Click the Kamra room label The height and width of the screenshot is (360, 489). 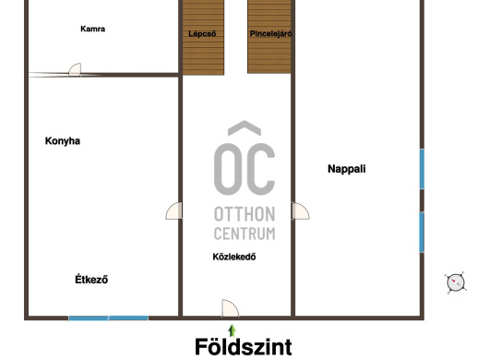[x=92, y=29]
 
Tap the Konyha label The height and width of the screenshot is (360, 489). [x=63, y=141]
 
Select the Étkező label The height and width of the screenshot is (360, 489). [x=91, y=279]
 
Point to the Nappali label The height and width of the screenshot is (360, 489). [x=347, y=169]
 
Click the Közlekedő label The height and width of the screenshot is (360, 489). [x=234, y=257]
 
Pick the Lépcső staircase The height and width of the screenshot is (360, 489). [x=203, y=38]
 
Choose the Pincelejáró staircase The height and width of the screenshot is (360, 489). [x=269, y=37]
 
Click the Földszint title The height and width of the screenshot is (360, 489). [x=244, y=346]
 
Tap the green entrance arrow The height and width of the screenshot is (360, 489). [x=232, y=330]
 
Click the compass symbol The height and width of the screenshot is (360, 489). [x=456, y=283]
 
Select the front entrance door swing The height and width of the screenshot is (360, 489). [x=230, y=308]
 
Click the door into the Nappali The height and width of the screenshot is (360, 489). [x=301, y=211]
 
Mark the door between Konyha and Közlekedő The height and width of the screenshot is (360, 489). [x=173, y=210]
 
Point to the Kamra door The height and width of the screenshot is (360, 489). [x=75, y=69]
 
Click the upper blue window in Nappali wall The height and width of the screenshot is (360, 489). [x=422, y=169]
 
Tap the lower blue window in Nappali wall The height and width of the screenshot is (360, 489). [x=422, y=232]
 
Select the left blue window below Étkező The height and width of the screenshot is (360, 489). [x=89, y=318]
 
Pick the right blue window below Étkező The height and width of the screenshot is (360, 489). [x=128, y=318]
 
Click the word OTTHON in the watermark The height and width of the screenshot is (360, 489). [x=244, y=214]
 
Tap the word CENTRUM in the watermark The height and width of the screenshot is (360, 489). [x=244, y=234]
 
